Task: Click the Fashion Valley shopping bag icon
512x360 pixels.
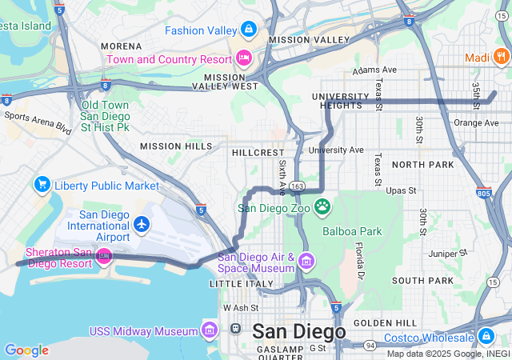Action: pos(249,30)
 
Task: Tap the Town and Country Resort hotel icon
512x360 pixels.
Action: pos(244,58)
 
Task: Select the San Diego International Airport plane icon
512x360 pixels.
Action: pos(142,223)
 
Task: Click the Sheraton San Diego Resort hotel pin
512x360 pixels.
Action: pos(104,257)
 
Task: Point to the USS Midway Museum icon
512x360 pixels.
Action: pos(210,330)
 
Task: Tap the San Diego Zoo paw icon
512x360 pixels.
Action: pos(322,207)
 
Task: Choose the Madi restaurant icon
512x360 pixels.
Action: pos(501,56)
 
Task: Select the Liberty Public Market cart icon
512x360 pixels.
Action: pos(42,185)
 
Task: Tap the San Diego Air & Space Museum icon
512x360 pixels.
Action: pos(307,262)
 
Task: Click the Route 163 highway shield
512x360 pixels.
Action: pos(297,186)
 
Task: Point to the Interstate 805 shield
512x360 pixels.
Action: pos(483,193)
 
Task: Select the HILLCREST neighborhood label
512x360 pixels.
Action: pos(258,151)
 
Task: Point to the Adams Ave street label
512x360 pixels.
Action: pos(379,70)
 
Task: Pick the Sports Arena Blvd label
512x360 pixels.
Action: pos(38,121)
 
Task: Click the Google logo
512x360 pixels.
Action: pos(26,350)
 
